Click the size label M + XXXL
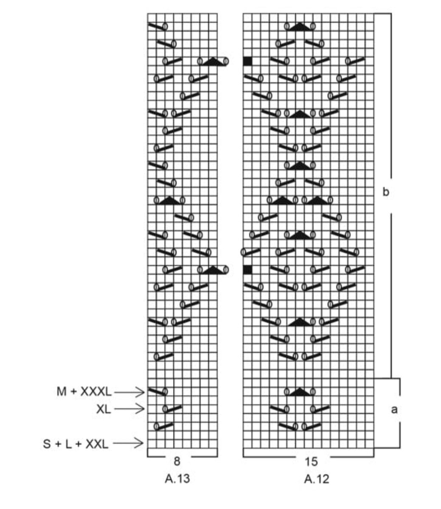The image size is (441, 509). pos(84,392)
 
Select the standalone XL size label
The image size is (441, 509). pos(104,409)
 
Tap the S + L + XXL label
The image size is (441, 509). pos(76,444)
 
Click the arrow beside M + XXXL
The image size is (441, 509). pos(129,392)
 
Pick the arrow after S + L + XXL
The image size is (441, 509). pos(129,444)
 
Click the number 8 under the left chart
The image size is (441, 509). pos(177,461)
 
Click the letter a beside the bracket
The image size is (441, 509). pos(394,409)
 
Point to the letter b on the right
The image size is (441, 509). pos(385,192)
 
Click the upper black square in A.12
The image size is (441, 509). pos(248,61)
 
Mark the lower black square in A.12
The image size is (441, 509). pos(248,269)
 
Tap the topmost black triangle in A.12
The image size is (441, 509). pos(300,27)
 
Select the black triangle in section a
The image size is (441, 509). pos(300,392)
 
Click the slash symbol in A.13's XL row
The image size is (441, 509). pos(173,409)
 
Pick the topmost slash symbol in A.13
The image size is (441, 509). pos(157,26)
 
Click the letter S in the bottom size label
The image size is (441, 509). pos(46,444)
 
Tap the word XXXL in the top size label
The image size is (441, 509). pos(95,392)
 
